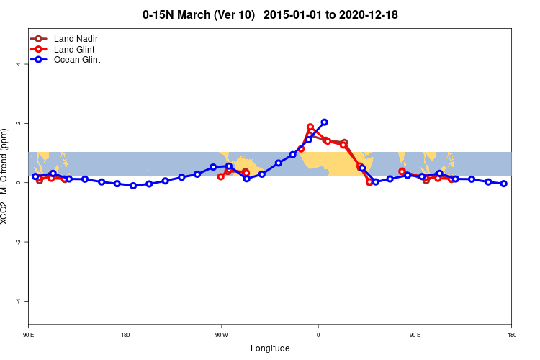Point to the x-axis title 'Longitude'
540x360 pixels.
270,348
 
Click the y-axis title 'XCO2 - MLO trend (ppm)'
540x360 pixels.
6,181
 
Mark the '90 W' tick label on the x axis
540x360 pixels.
222,335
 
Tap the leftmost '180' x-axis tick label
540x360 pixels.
125,335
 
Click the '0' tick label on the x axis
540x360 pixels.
318,335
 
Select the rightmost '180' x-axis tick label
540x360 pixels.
511,335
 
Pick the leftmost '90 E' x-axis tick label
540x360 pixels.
29,335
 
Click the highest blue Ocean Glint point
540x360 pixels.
324,122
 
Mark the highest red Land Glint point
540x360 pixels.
310,127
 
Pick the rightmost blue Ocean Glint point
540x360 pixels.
504,184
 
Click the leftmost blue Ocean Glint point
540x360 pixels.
35,176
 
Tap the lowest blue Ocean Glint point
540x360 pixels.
133,186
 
